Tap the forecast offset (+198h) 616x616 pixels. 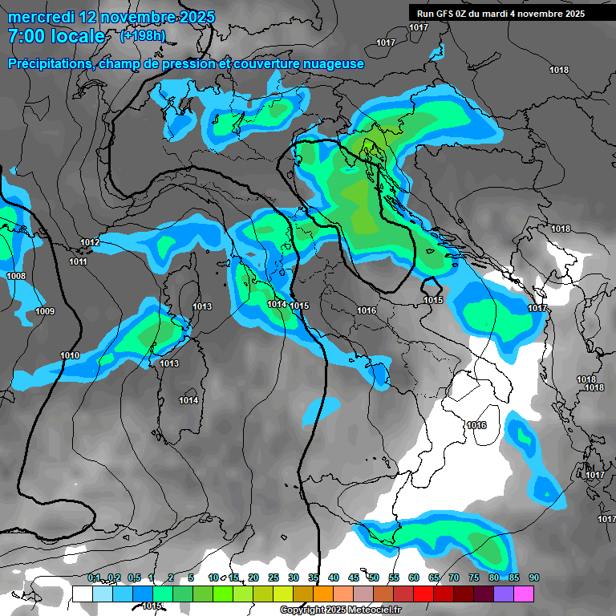pos(142,36)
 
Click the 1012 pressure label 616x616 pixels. pos(90,242)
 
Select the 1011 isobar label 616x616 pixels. pos(78,262)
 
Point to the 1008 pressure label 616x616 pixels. pos(16,276)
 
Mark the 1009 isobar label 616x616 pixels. pos(45,311)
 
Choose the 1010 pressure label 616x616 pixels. pos(70,355)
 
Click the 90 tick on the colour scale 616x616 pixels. pos(534,578)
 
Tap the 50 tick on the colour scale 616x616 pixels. pos(374,578)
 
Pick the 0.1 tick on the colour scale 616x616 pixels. pos(93,578)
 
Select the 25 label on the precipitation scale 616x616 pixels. pos(274,578)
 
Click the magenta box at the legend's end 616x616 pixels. pos(524,594)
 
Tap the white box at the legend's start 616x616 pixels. pos(82,594)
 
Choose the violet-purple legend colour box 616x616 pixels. pos(504,594)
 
